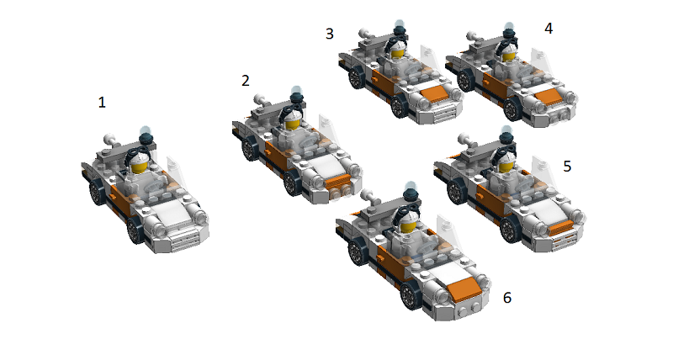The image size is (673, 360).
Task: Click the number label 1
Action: coord(102,103)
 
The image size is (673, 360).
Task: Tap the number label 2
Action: coord(245,81)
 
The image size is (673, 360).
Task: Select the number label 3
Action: coord(329,34)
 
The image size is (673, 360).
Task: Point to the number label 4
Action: coord(548,29)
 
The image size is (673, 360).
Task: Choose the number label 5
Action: coord(567,166)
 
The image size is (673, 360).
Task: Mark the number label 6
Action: coord(507,298)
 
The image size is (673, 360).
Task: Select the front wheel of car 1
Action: coord(135,230)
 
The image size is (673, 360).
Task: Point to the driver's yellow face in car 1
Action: coord(139,167)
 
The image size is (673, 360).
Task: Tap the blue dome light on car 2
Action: coord(297,91)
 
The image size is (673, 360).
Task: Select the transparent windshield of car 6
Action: coord(447,230)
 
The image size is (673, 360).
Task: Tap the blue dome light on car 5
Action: coord(507,130)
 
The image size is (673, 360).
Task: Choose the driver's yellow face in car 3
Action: coord(396,53)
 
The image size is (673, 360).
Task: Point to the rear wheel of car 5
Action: coord(455,193)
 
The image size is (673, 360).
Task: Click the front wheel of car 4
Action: coord(511,109)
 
